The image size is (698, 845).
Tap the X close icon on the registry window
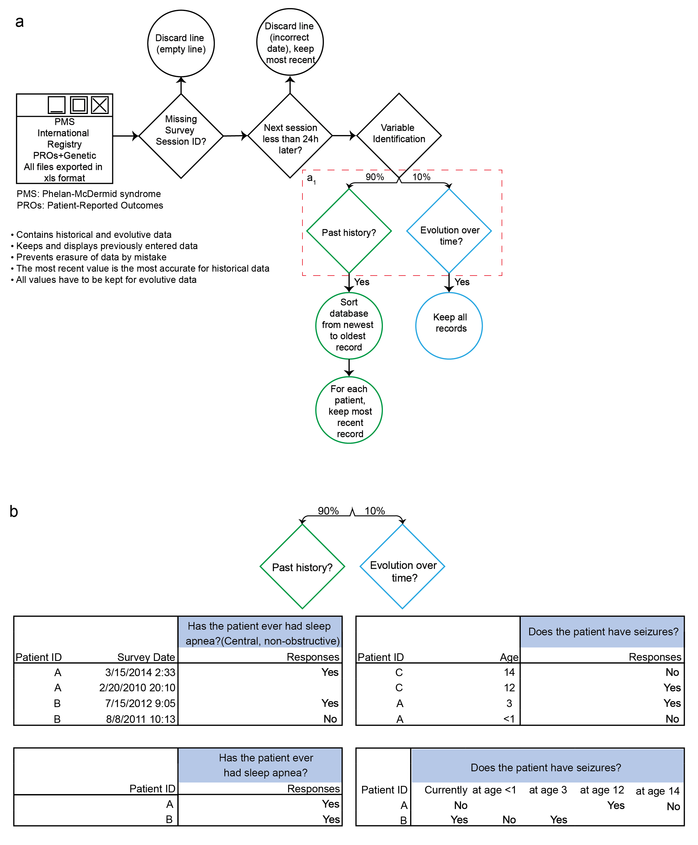coord(100,105)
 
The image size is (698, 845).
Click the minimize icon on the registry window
coord(57,105)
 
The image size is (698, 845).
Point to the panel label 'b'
coord(14,511)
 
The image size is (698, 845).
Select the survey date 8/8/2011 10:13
coord(141,719)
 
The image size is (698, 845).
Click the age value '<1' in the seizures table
coord(509,719)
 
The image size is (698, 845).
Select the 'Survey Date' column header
coord(146,657)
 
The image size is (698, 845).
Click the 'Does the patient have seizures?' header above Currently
coord(546,768)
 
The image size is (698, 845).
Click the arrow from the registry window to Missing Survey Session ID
coord(126,136)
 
